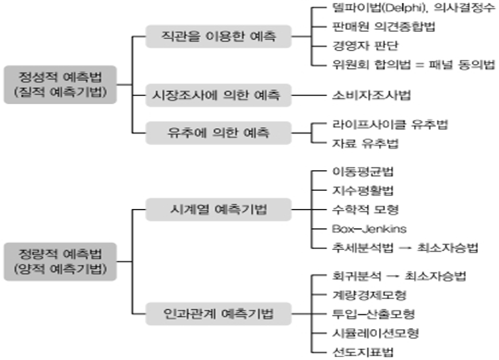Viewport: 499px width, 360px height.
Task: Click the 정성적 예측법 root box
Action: pyautogui.click(x=60, y=85)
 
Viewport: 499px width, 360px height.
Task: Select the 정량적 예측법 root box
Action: pyautogui.click(x=60, y=261)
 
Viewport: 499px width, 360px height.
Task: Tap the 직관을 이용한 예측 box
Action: pyautogui.click(x=218, y=37)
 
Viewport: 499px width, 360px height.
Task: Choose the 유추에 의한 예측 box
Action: pyautogui.click(x=218, y=132)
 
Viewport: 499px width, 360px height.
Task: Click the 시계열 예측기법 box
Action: pyautogui.click(x=218, y=209)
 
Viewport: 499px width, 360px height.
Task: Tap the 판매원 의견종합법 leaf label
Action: pyautogui.click(x=377, y=26)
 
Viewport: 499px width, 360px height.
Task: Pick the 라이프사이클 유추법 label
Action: pyautogui.click(x=390, y=124)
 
